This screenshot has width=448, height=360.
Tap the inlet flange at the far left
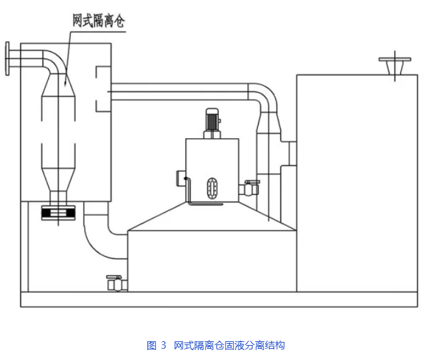click(x=7, y=58)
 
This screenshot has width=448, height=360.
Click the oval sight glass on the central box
click(x=212, y=187)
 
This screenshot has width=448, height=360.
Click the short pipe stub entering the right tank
click(x=291, y=150)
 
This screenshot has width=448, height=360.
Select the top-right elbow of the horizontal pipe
click(x=265, y=96)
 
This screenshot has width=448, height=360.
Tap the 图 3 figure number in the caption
click(x=156, y=345)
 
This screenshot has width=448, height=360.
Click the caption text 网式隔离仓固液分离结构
click(x=229, y=345)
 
